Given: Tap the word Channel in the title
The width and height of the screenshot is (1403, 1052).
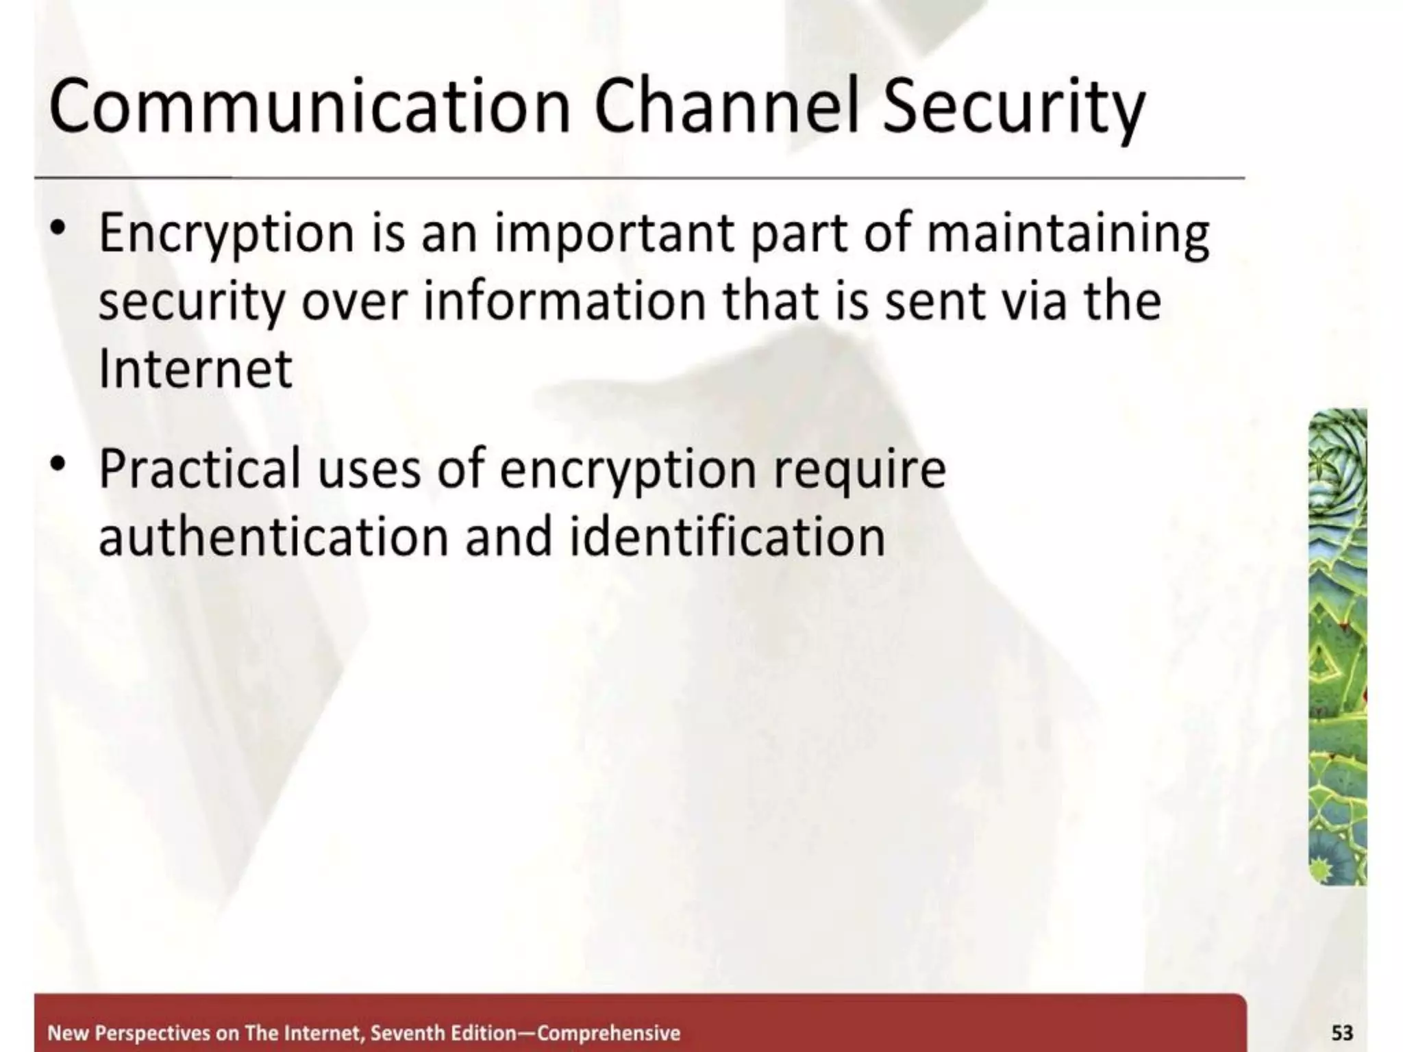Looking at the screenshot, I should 726,107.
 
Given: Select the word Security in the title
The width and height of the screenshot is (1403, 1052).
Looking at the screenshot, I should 1013,110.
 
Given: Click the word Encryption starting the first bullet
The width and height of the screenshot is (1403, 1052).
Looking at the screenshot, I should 226,234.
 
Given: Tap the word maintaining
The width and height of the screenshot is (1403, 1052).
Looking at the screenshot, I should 1067,234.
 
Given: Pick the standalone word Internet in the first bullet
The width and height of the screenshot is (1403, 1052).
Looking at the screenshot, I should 195,368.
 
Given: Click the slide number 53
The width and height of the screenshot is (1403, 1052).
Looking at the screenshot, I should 1341,1033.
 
